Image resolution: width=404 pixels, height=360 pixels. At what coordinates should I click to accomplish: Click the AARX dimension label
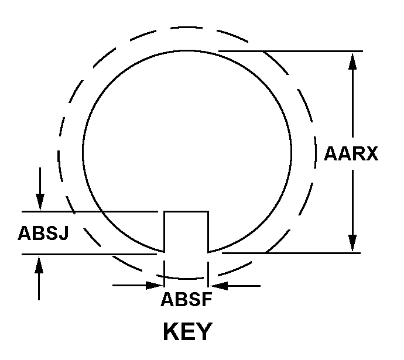(x=351, y=154)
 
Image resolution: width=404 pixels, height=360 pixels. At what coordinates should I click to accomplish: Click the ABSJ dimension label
(x=43, y=233)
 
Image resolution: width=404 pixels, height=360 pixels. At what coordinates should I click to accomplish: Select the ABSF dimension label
(x=186, y=299)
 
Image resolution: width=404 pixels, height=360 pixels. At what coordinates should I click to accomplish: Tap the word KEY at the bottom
(x=188, y=331)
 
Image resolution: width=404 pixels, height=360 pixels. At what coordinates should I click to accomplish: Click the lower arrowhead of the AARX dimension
(x=352, y=243)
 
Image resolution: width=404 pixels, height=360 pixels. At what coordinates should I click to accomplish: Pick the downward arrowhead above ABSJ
(x=40, y=203)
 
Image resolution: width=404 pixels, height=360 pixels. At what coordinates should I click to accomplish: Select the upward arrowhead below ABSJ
(x=39, y=264)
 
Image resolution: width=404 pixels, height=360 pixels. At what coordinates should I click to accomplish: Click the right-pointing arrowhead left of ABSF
(x=155, y=285)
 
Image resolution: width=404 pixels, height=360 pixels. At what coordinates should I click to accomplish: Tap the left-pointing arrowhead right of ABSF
(x=219, y=286)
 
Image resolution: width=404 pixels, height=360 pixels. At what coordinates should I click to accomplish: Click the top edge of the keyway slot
(x=186, y=212)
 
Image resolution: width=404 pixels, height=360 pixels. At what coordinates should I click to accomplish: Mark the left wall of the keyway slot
(x=165, y=232)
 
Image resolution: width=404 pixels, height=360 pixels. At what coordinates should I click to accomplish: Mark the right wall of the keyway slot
(x=208, y=232)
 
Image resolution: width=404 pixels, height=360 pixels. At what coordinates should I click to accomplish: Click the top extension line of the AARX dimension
(x=290, y=52)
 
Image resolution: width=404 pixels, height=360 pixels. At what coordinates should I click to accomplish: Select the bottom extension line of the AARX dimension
(x=291, y=253)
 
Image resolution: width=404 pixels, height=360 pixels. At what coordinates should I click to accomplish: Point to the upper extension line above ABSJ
(x=90, y=212)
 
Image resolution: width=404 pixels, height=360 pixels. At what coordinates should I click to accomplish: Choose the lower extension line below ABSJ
(x=89, y=255)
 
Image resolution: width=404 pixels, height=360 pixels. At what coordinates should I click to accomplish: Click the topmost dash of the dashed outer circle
(x=187, y=27)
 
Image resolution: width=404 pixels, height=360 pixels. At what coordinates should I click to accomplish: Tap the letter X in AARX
(x=371, y=154)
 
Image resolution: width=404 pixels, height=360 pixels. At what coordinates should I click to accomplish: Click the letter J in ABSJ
(x=64, y=233)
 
